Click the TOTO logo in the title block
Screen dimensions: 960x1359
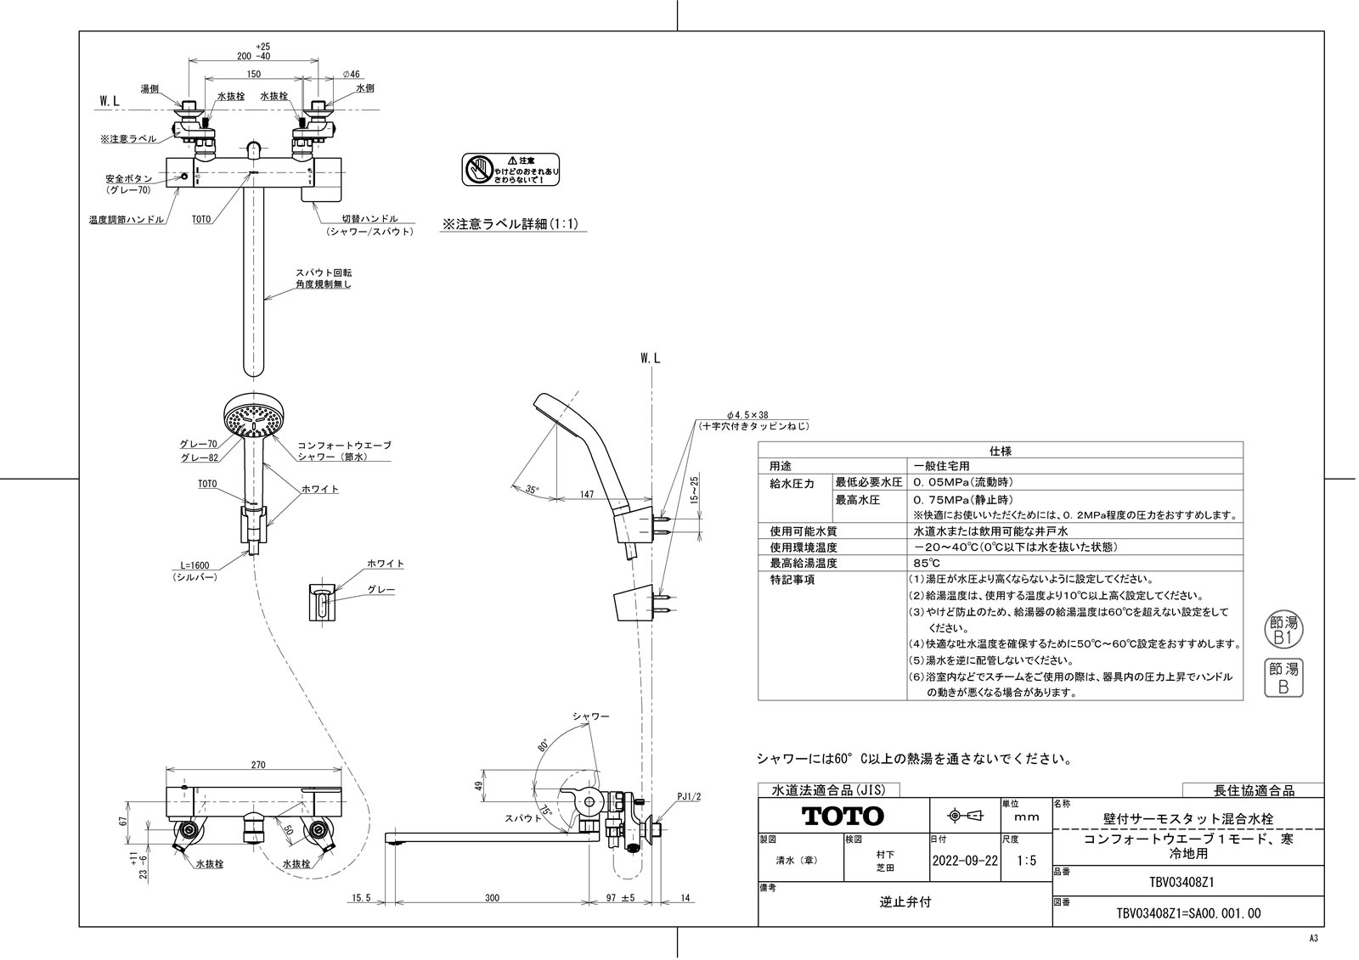coord(843,817)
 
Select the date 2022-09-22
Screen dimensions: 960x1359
coord(965,860)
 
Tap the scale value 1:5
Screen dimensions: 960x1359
coord(1026,860)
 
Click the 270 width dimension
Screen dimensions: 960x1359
coord(257,765)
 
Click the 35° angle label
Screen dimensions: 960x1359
coord(532,489)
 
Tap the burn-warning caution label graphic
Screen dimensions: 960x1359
coord(511,170)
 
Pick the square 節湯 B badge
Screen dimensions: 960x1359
coord(1283,677)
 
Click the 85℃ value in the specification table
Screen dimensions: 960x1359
coord(927,563)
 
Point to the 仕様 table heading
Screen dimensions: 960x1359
coord(1001,451)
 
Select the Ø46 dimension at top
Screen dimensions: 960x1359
coord(351,75)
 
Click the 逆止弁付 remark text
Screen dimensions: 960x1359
coord(905,901)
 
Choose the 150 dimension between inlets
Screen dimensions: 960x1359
coord(253,75)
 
